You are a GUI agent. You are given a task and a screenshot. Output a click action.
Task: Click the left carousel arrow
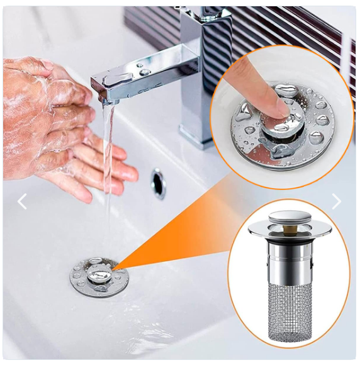(x=22, y=201)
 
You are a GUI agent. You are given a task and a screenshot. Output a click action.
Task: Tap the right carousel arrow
(x=336, y=201)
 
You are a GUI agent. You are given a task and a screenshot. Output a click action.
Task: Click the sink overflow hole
(x=158, y=182)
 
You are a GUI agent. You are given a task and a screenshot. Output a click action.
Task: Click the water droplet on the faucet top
(x=145, y=72)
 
